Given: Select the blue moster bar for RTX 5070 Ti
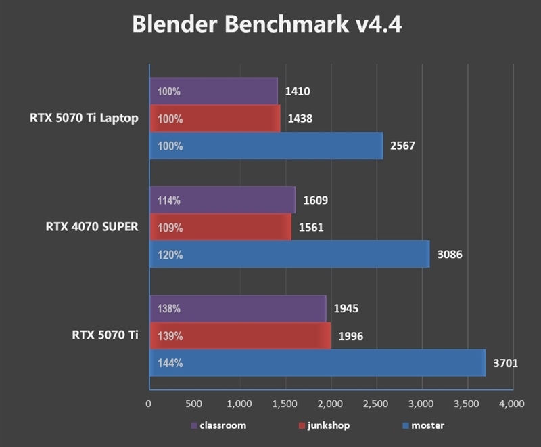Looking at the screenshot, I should [318, 363].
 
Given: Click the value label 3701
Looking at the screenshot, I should [505, 363].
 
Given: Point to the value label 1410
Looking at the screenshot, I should [298, 91].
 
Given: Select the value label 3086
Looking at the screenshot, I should [449, 255].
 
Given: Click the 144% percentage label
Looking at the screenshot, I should [170, 363].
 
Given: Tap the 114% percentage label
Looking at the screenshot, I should [169, 200].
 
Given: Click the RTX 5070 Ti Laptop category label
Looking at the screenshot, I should [84, 119].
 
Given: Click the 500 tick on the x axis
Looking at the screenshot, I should [193, 404].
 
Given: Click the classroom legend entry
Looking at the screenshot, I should [222, 426].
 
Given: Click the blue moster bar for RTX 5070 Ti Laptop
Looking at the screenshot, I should [267, 146].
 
